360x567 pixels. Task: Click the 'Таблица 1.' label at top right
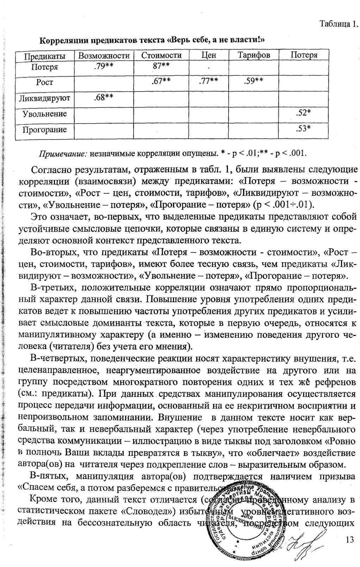tap(339, 24)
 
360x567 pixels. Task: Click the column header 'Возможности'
tap(104, 56)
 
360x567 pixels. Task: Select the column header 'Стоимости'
tap(161, 55)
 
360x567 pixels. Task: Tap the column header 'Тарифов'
tap(254, 55)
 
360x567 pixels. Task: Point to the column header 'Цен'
tap(209, 55)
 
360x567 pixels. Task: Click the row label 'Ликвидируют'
tap(44, 98)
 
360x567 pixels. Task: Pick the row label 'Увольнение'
tap(44, 114)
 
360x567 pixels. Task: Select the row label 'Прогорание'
tap(44, 130)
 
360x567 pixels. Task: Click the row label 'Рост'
tap(44, 82)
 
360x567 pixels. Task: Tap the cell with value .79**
tap(104, 66)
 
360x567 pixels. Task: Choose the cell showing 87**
tap(161, 66)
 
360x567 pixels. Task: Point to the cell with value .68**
tap(104, 97)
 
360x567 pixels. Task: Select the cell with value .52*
tap(303, 112)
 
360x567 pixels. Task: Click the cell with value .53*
tap(303, 128)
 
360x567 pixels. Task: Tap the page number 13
tap(349, 540)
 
